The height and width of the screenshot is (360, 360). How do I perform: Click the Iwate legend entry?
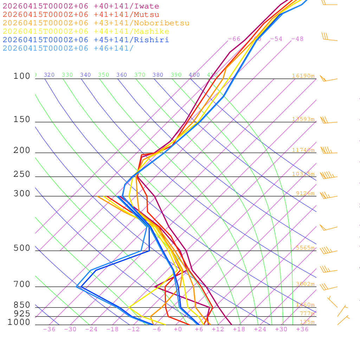[81, 6]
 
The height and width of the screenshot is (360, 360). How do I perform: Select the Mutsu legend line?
[81, 15]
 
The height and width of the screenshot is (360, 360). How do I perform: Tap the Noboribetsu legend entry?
[96, 23]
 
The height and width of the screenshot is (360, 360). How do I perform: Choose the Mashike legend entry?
[86, 32]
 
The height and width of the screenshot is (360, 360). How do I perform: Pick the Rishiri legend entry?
[86, 40]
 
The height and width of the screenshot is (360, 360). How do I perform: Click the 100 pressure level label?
[22, 76]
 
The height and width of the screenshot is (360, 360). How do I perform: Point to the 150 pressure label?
[22, 120]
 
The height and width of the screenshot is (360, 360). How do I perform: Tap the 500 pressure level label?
[22, 248]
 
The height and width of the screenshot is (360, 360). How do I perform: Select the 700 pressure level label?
[22, 284]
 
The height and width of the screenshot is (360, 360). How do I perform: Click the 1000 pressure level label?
[19, 322]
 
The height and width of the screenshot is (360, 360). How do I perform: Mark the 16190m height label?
[303, 76]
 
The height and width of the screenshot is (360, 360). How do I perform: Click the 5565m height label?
[305, 248]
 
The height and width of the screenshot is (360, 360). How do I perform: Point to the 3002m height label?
[305, 284]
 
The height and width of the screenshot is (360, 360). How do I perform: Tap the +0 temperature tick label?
[178, 329]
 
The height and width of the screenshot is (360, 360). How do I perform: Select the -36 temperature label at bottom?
[49, 329]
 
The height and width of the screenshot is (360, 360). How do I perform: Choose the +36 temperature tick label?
[302, 329]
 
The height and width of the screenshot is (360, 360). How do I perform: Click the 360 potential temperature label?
[122, 75]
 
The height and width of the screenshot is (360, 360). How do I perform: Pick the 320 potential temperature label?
[49, 75]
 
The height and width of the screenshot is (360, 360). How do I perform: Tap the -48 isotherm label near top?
[297, 39]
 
